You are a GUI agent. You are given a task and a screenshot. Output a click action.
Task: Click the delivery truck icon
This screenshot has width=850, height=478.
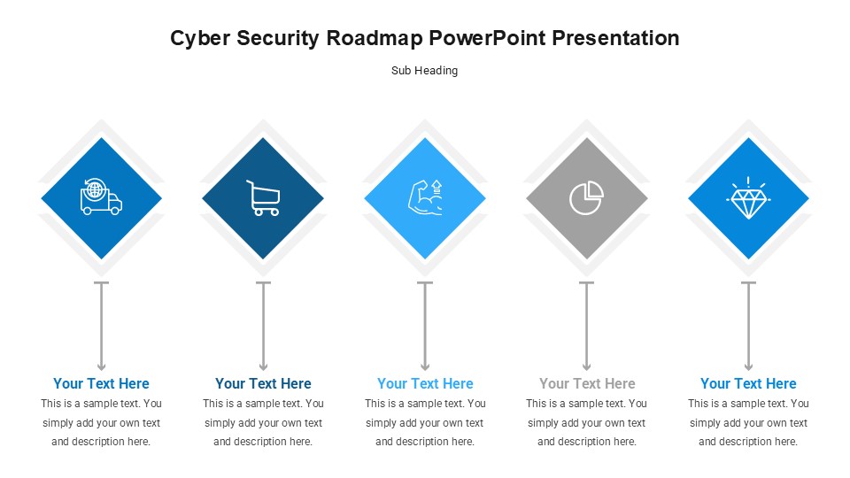101,197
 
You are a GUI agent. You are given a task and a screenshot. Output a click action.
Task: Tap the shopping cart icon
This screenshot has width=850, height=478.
264,197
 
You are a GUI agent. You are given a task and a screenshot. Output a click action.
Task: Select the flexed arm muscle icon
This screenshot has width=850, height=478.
425,197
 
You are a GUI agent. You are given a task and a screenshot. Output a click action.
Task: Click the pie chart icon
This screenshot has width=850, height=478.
586,197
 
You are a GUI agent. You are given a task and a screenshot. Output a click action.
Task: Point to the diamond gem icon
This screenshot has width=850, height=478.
748,198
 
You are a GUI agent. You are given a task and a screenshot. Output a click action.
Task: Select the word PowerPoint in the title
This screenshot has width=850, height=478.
487,38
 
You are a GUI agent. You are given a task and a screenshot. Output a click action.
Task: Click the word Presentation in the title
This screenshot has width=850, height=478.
616,38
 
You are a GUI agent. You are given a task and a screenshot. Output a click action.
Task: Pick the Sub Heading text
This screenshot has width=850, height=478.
424,71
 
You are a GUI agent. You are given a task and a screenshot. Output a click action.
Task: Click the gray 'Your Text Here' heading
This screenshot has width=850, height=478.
587,383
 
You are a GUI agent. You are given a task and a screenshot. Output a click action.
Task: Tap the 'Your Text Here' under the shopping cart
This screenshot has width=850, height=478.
264,383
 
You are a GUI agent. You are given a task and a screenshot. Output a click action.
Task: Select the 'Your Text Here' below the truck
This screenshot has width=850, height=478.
101,383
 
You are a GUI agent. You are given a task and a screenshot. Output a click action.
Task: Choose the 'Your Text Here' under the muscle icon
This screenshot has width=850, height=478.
425,383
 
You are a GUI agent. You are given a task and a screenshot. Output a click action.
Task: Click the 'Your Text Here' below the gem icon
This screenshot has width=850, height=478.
748,383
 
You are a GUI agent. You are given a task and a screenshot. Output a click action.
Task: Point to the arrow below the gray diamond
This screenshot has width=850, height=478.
586,326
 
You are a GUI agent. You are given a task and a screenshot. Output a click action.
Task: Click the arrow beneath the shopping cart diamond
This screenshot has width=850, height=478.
264,326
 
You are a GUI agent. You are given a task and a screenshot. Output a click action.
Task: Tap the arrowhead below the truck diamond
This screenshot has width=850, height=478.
101,366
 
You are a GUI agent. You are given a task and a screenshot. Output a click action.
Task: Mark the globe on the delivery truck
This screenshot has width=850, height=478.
95,189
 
